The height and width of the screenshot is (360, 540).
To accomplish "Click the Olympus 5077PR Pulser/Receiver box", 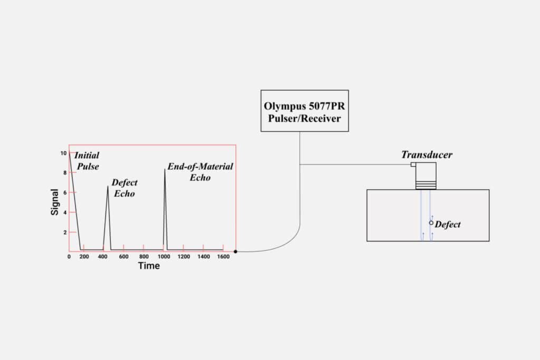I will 304,111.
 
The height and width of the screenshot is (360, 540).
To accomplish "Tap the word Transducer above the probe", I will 427,154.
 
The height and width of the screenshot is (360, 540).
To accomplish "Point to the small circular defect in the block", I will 431,223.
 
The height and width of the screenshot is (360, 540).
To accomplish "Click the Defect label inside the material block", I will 448,225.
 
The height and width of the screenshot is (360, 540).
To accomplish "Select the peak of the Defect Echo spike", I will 108,186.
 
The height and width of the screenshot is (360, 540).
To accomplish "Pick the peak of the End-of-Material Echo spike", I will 165,169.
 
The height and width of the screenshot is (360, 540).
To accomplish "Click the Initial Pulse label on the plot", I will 87,161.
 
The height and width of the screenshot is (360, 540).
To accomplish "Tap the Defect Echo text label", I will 124,188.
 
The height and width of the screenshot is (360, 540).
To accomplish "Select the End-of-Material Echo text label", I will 200,172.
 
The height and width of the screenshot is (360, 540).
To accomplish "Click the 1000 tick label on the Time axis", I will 164,257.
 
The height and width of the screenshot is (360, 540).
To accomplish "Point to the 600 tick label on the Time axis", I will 123,257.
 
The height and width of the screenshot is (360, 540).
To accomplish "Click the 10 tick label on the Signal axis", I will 63,153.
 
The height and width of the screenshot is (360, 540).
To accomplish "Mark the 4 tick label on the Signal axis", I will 64,212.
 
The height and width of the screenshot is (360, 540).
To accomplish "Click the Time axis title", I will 149,266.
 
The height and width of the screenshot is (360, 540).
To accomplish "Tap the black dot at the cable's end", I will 235,251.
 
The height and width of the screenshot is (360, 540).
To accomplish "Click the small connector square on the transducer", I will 413,165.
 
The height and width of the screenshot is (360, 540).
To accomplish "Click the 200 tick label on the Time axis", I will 83,257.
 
